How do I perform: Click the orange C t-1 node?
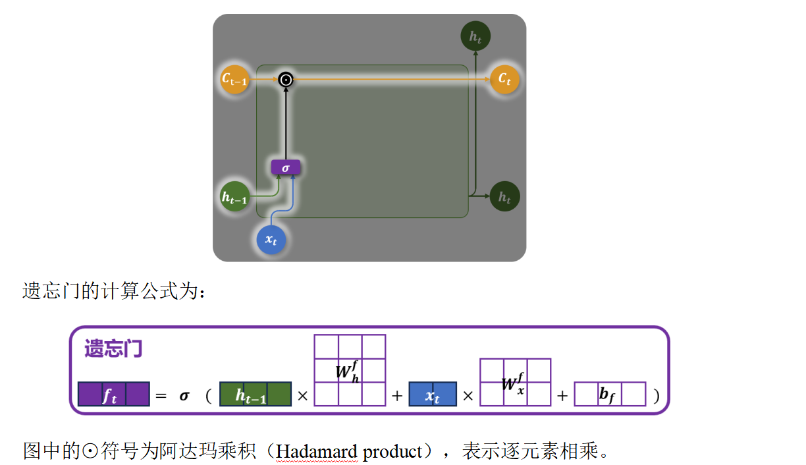click(234, 80)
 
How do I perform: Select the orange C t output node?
click(504, 80)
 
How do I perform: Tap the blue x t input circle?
click(271, 240)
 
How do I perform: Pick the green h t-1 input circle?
click(235, 196)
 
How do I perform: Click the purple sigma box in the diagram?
click(286, 168)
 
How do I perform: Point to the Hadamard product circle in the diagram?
click(286, 80)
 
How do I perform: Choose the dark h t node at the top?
click(475, 37)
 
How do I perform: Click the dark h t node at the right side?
click(504, 196)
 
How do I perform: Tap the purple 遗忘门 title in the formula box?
click(113, 348)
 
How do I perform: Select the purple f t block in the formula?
click(113, 395)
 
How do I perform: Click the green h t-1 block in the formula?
click(255, 395)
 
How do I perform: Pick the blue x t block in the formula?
click(433, 395)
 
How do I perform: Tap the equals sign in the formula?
click(161, 396)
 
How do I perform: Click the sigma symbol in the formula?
click(184, 396)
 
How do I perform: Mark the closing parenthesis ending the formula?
click(656, 396)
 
